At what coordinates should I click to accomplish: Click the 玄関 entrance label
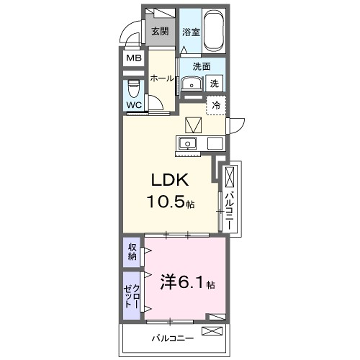160,32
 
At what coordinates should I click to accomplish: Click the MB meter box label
133,58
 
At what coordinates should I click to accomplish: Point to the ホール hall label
161,77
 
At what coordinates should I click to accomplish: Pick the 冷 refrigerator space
215,104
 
